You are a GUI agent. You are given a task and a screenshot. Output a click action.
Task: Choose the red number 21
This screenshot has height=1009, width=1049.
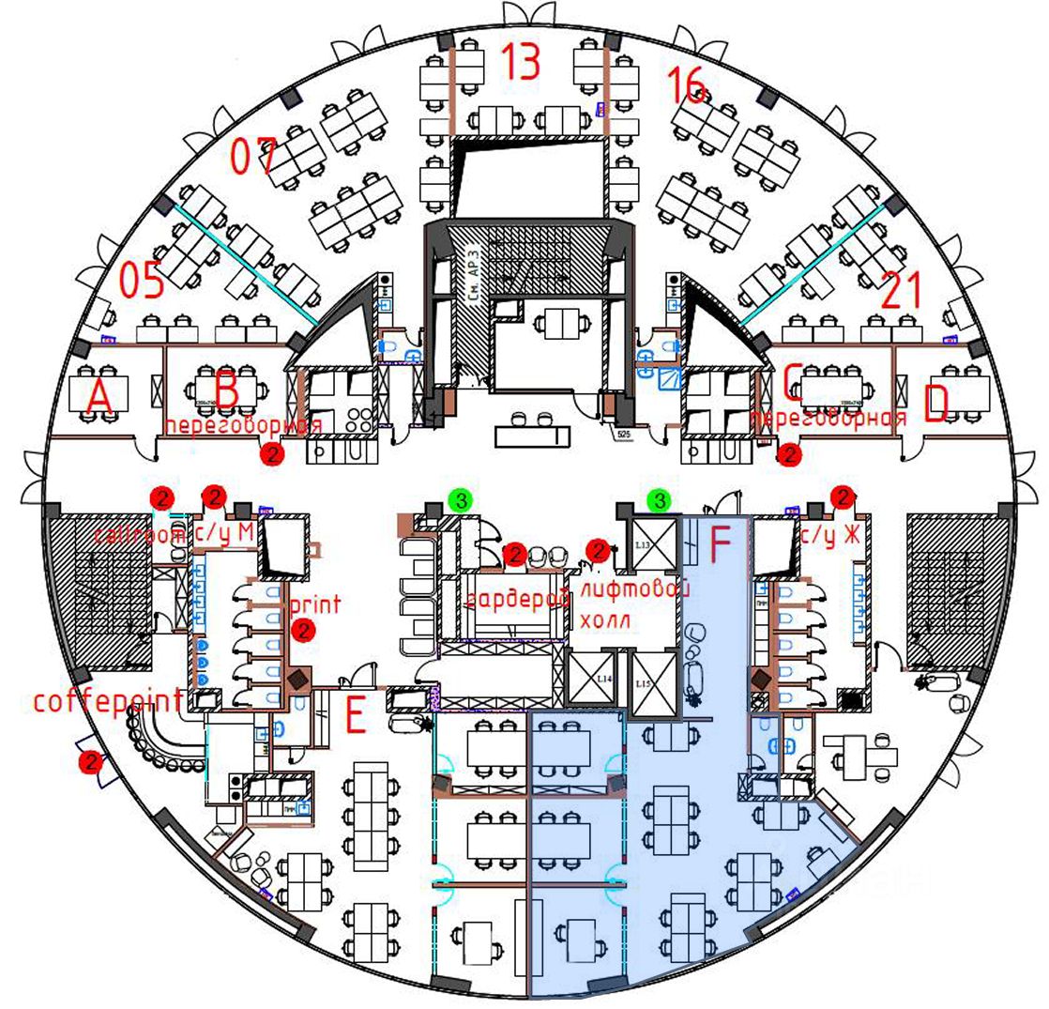pyautogui.click(x=904, y=292)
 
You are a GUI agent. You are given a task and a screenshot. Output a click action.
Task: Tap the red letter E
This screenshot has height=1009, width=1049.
pyautogui.click(x=355, y=718)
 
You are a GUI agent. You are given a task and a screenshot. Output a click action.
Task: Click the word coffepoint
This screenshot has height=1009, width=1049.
pyautogui.click(x=108, y=701)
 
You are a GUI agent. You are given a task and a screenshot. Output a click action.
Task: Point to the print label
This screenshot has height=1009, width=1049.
pyautogui.click(x=315, y=603)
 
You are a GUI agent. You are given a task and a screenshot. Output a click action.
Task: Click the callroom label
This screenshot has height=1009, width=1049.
pyautogui.click(x=141, y=535)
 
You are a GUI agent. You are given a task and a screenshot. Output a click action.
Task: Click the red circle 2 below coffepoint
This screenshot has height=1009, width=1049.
pyautogui.click(x=91, y=762)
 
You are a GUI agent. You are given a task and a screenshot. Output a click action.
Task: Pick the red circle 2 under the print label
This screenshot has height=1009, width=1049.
pyautogui.click(x=301, y=632)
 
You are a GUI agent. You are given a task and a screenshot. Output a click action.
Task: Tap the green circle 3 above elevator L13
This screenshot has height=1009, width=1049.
pyautogui.click(x=661, y=500)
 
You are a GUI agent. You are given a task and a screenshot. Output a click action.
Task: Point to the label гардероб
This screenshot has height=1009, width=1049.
pyautogui.click(x=518, y=597)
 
